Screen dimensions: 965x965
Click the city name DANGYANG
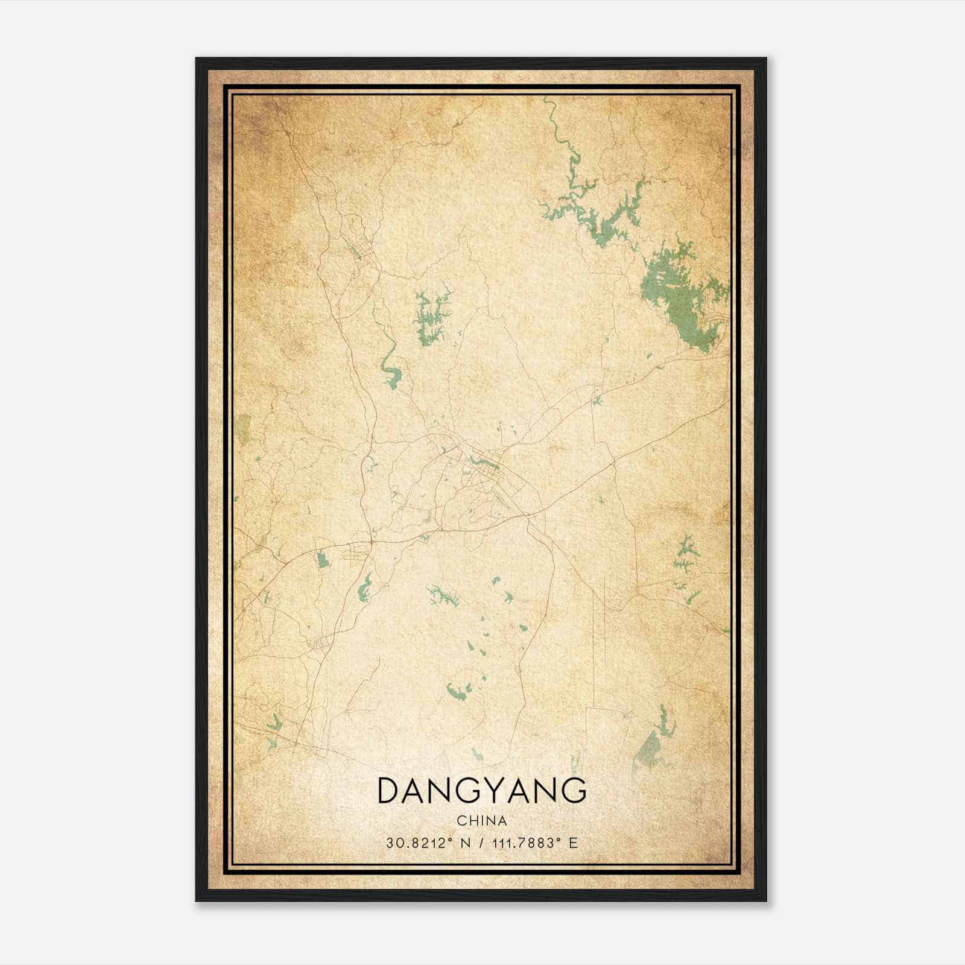click(x=482, y=791)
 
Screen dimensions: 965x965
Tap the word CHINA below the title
click(x=482, y=821)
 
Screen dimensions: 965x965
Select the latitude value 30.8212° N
click(x=429, y=843)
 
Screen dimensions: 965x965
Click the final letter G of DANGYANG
click(x=575, y=791)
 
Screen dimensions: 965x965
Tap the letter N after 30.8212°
click(x=464, y=843)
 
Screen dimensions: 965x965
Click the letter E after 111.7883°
click(x=574, y=843)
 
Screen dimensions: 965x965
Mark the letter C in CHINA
click(x=461, y=821)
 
